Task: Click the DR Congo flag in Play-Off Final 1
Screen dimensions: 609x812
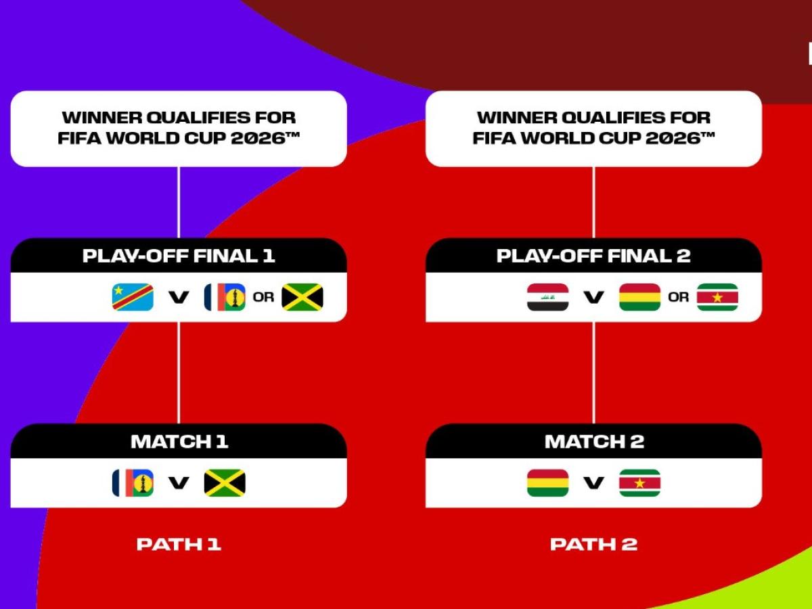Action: pos(133,297)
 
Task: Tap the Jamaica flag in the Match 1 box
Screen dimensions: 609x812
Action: pos(225,482)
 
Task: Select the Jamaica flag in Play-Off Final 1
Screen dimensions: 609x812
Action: pos(302,297)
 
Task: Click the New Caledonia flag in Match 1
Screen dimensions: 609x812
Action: pos(133,482)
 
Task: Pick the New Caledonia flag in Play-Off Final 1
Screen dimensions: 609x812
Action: pos(225,297)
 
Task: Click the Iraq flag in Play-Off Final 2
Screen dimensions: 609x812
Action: pos(547,297)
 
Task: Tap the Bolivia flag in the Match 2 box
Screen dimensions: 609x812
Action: pos(547,482)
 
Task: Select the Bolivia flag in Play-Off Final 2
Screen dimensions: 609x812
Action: pos(639,297)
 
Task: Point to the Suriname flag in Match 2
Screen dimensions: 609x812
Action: pos(639,482)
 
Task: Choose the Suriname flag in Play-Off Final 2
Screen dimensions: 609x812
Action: pos(717,297)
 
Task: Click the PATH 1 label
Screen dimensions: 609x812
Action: pos(179,544)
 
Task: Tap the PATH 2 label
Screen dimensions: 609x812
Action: pos(593,544)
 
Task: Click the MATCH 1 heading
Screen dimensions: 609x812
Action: pos(179,442)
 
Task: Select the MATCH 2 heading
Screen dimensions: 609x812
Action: pos(593,442)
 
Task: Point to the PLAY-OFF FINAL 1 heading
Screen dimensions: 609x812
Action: pos(179,256)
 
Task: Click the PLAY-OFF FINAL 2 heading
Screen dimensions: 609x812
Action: pos(593,256)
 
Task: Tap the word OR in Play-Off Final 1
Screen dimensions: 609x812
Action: pos(263,297)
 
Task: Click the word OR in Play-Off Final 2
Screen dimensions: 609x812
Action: pos(678,297)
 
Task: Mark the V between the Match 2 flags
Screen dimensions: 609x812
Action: pos(593,482)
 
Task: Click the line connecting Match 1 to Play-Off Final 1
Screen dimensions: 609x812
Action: pos(179,372)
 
